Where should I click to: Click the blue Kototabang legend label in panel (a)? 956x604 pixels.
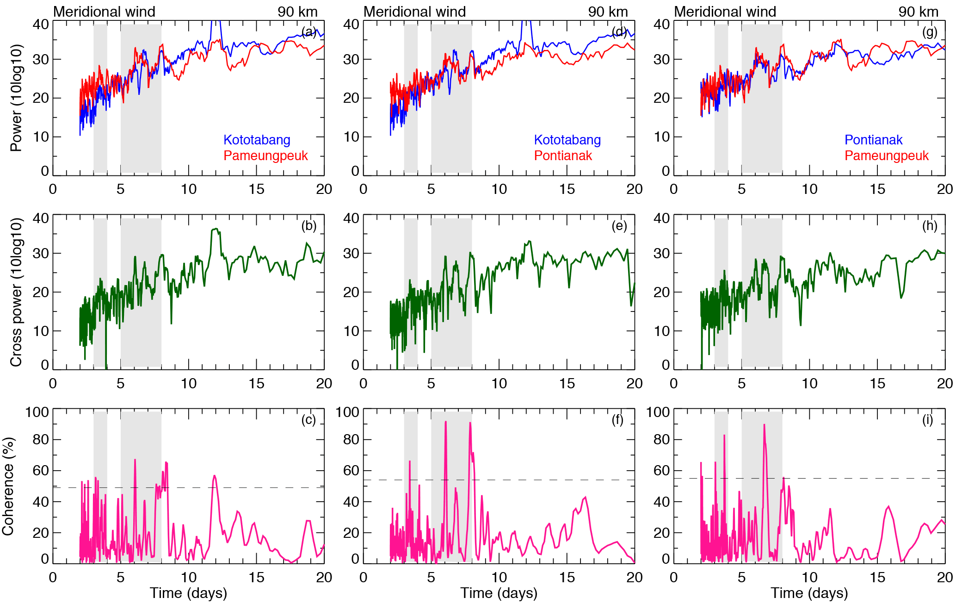click(257, 140)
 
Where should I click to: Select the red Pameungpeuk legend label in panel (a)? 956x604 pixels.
click(265, 156)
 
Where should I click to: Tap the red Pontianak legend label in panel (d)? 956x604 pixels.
click(563, 156)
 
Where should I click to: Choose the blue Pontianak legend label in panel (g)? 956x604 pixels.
click(873, 140)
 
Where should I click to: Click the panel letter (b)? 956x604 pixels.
click(309, 226)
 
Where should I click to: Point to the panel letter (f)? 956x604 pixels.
click(617, 420)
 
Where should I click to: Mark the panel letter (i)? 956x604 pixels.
click(927, 420)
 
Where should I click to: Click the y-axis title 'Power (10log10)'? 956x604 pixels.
click(16, 98)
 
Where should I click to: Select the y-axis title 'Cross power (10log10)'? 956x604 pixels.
click(16, 293)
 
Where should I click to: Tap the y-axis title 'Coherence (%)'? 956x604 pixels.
click(8, 486)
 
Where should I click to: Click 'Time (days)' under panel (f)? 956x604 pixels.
click(499, 593)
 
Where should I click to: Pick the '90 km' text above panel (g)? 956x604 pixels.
click(918, 12)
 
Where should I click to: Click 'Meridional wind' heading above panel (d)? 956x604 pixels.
click(414, 12)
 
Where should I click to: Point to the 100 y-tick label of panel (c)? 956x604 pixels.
click(37, 412)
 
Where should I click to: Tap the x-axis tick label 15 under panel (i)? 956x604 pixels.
click(877, 578)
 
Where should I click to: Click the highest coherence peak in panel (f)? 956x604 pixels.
click(445, 422)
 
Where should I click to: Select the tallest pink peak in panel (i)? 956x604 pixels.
click(764, 425)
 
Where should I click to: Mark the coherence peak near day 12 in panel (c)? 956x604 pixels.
click(214, 476)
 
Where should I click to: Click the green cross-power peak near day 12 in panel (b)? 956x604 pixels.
click(216, 229)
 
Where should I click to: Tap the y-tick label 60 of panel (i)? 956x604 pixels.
click(661, 471)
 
